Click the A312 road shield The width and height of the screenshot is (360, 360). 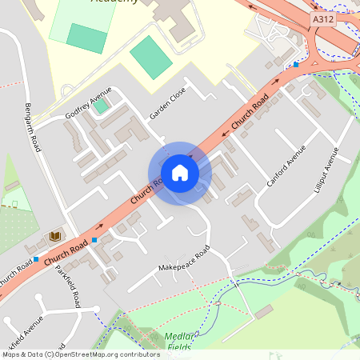point(322,18)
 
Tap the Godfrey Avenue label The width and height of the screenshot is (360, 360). point(89,106)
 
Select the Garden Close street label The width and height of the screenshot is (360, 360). point(167,104)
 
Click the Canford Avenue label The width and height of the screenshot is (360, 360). point(286,166)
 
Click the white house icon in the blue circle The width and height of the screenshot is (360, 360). point(179,173)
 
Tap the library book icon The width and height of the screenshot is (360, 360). point(54,237)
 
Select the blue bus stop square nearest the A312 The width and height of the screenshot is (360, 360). point(296,64)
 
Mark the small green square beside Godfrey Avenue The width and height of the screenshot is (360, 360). point(102,106)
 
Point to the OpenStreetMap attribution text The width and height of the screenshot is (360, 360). point(81,354)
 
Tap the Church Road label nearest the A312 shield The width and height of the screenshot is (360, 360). point(250,112)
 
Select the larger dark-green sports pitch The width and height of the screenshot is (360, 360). point(151,57)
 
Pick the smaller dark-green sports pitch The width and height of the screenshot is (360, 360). point(86,38)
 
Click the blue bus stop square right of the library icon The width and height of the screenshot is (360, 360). point(95,240)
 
